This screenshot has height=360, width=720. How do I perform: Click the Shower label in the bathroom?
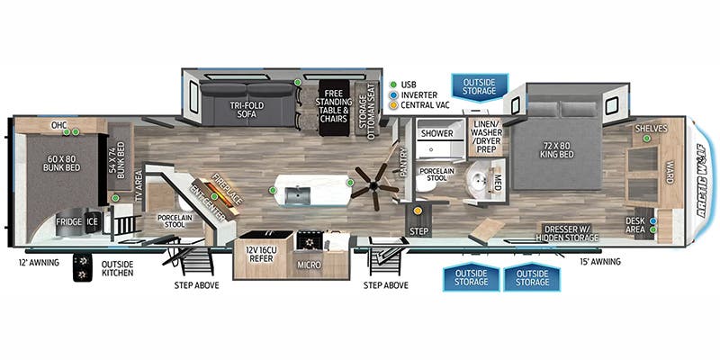(436, 133)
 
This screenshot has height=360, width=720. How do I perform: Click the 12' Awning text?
(38, 263)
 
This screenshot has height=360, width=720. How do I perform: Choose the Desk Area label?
(635, 225)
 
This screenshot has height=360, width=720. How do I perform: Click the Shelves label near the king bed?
(652, 129)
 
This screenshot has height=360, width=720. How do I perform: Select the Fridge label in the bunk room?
(69, 221)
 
